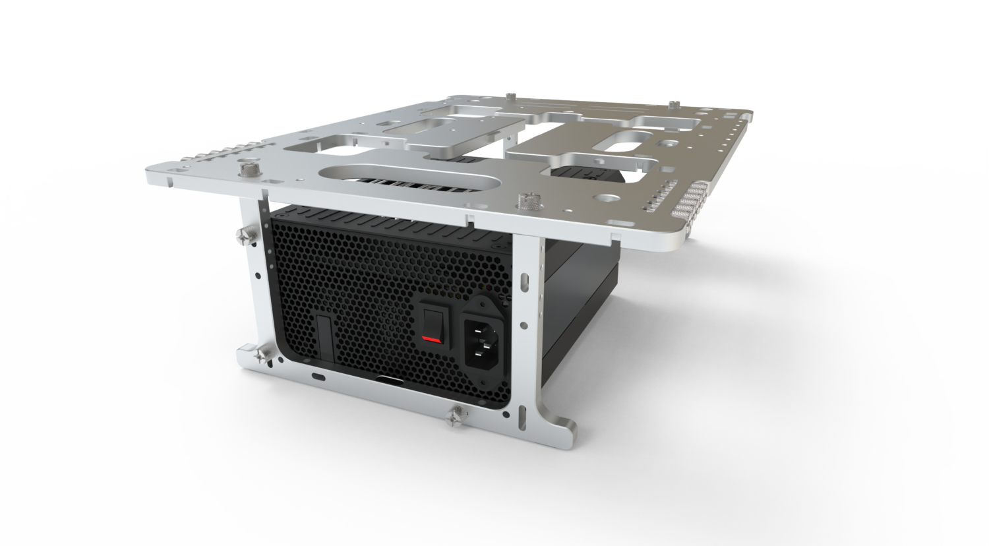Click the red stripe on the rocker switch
(431, 340)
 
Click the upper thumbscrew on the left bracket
(243, 234)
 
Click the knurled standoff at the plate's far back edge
(671, 106)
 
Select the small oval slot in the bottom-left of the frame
(320, 376)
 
